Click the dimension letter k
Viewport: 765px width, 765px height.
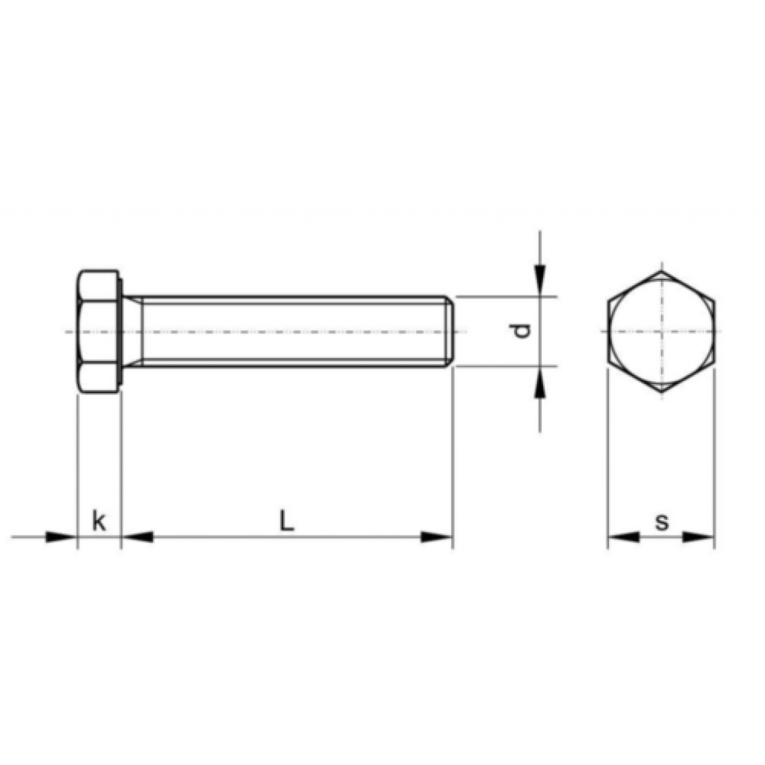tap(99, 521)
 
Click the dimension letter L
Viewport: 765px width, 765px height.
tap(286, 520)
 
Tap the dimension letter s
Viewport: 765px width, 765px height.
tap(662, 521)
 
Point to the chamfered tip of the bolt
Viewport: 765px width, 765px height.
tap(450, 331)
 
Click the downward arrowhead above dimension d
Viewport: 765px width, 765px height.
tap(539, 281)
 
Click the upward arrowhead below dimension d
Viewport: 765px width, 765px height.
tap(539, 382)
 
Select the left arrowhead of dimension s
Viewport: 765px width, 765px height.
tap(623, 537)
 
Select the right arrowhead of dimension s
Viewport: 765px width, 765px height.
tap(699, 537)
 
